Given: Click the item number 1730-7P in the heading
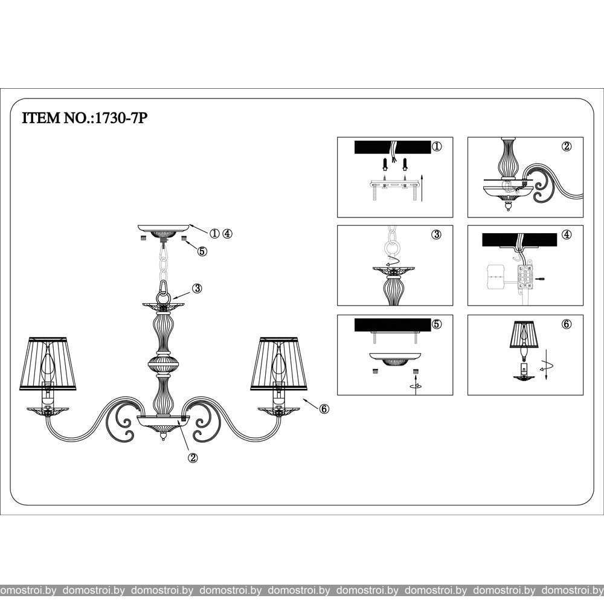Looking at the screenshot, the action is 121,118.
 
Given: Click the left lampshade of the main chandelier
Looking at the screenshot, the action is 48,364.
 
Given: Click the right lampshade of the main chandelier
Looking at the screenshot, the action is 279,364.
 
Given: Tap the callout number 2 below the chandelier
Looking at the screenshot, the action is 193,458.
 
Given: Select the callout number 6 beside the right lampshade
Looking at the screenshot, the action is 324,409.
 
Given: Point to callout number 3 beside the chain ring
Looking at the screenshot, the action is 197,288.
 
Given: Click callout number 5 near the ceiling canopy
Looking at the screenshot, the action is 202,251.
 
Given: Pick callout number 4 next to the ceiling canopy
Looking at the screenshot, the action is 227,233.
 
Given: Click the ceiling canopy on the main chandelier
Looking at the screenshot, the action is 163,231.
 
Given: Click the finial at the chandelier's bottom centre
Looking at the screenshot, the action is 163,436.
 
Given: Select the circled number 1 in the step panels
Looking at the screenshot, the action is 437,146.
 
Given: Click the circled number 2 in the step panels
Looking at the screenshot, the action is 567,146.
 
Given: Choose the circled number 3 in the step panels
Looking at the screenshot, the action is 436,234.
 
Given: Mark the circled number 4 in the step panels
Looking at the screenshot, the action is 567,234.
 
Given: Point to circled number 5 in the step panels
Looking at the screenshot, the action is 436,324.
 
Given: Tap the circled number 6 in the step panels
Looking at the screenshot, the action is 567,324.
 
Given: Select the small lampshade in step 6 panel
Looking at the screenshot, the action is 524,335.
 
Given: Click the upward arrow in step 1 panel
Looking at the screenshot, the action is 423,188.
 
